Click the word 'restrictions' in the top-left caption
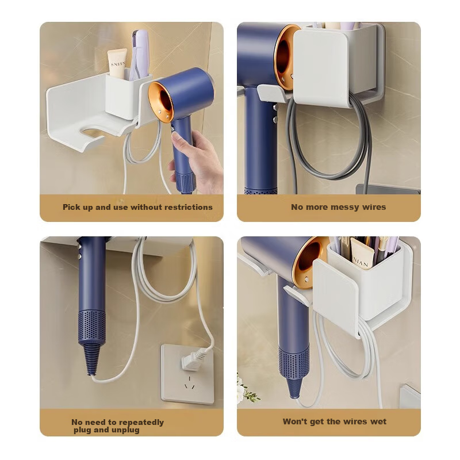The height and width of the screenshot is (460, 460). [189, 207]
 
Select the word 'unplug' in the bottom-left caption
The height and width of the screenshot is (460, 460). [125, 430]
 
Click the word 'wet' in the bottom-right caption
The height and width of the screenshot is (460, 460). [378, 421]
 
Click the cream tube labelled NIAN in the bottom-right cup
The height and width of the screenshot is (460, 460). [362, 254]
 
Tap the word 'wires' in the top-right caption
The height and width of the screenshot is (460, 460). [374, 207]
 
